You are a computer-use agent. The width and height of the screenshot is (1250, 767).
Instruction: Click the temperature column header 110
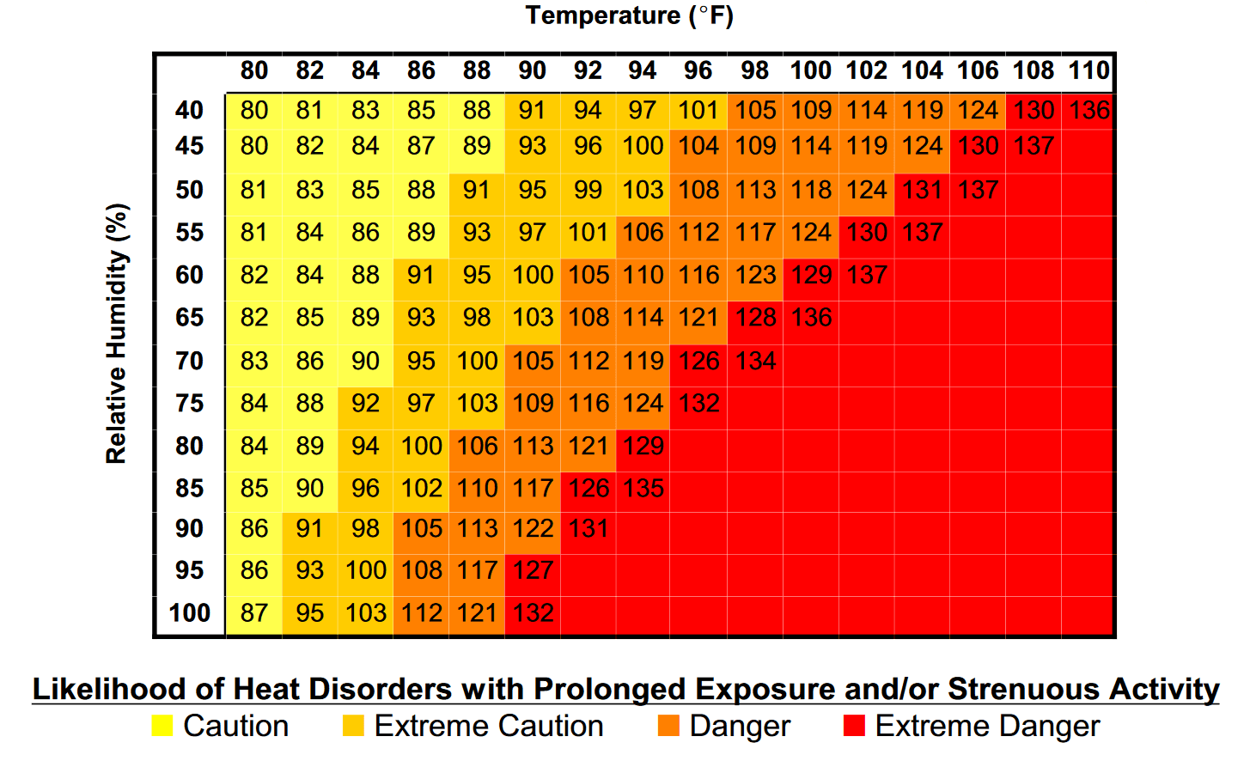click(x=1088, y=70)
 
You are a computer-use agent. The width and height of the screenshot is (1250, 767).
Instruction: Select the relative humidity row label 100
click(x=189, y=612)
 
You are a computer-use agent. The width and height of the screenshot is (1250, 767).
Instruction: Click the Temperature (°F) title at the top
click(x=629, y=15)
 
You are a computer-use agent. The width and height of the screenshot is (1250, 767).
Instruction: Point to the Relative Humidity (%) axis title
click(x=117, y=333)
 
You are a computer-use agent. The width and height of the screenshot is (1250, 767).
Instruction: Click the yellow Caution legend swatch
click(x=162, y=726)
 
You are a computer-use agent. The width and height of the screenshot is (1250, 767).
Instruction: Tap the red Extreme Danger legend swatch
click(x=854, y=726)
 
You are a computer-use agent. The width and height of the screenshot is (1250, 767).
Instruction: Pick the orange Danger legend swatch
click(x=668, y=726)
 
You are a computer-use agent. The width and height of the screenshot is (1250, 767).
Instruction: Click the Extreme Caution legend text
click(x=489, y=726)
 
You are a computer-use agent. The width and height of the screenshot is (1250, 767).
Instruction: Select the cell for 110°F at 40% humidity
click(x=1088, y=110)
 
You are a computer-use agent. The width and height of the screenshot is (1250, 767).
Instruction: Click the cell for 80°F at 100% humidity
click(x=254, y=612)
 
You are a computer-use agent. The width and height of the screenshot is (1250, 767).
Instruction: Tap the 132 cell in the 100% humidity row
click(x=533, y=612)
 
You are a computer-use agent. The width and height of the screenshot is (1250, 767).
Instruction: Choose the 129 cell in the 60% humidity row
click(x=811, y=275)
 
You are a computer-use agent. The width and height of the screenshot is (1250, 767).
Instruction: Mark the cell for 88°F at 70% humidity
click(x=477, y=361)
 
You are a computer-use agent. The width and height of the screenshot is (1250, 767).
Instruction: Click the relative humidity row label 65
click(x=189, y=318)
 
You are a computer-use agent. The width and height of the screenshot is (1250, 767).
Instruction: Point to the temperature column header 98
click(x=754, y=70)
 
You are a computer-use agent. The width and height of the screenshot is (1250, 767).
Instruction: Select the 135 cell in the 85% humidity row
click(x=643, y=488)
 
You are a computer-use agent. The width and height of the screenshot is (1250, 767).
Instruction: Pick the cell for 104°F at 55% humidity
click(x=922, y=232)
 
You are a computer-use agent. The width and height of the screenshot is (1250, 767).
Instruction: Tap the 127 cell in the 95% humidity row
click(x=533, y=569)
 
